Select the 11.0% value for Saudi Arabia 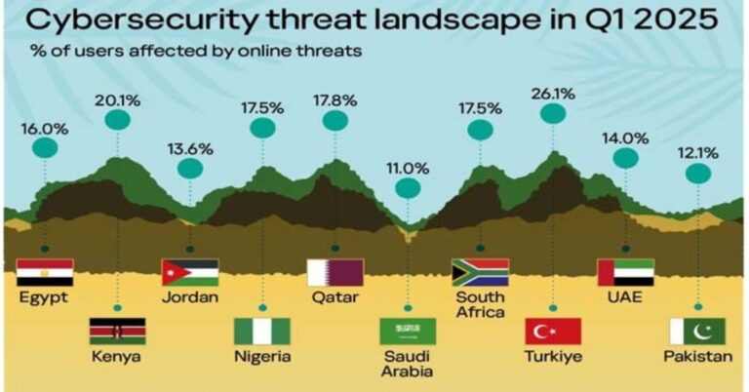click(408, 167)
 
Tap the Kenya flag click(118, 332)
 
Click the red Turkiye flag click(552, 332)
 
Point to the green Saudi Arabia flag click(408, 332)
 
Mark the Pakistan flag click(697, 332)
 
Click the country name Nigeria click(262, 356)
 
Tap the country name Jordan click(190, 296)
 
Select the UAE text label click(624, 296)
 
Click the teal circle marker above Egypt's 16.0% click(45, 148)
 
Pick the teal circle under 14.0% click(625, 157)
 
